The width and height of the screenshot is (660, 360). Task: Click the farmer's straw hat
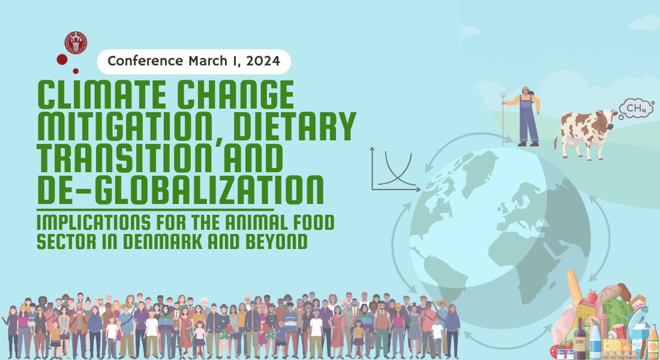click(526, 89)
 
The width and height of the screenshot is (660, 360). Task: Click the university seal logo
click(76, 43)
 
